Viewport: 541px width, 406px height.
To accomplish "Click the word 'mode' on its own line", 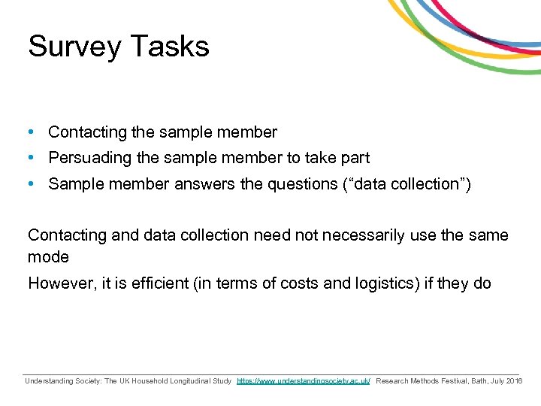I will coord(48,257).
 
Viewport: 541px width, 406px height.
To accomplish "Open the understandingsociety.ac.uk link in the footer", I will coord(304,382).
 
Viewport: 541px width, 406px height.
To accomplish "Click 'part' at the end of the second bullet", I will coord(355,159).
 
